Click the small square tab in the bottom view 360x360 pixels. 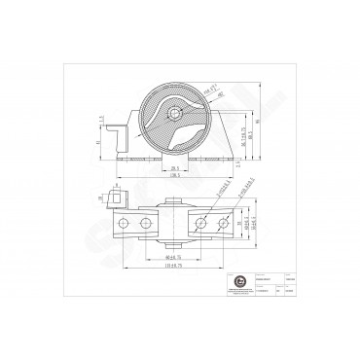pos(120,195)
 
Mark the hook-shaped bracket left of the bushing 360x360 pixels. pos(118,131)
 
